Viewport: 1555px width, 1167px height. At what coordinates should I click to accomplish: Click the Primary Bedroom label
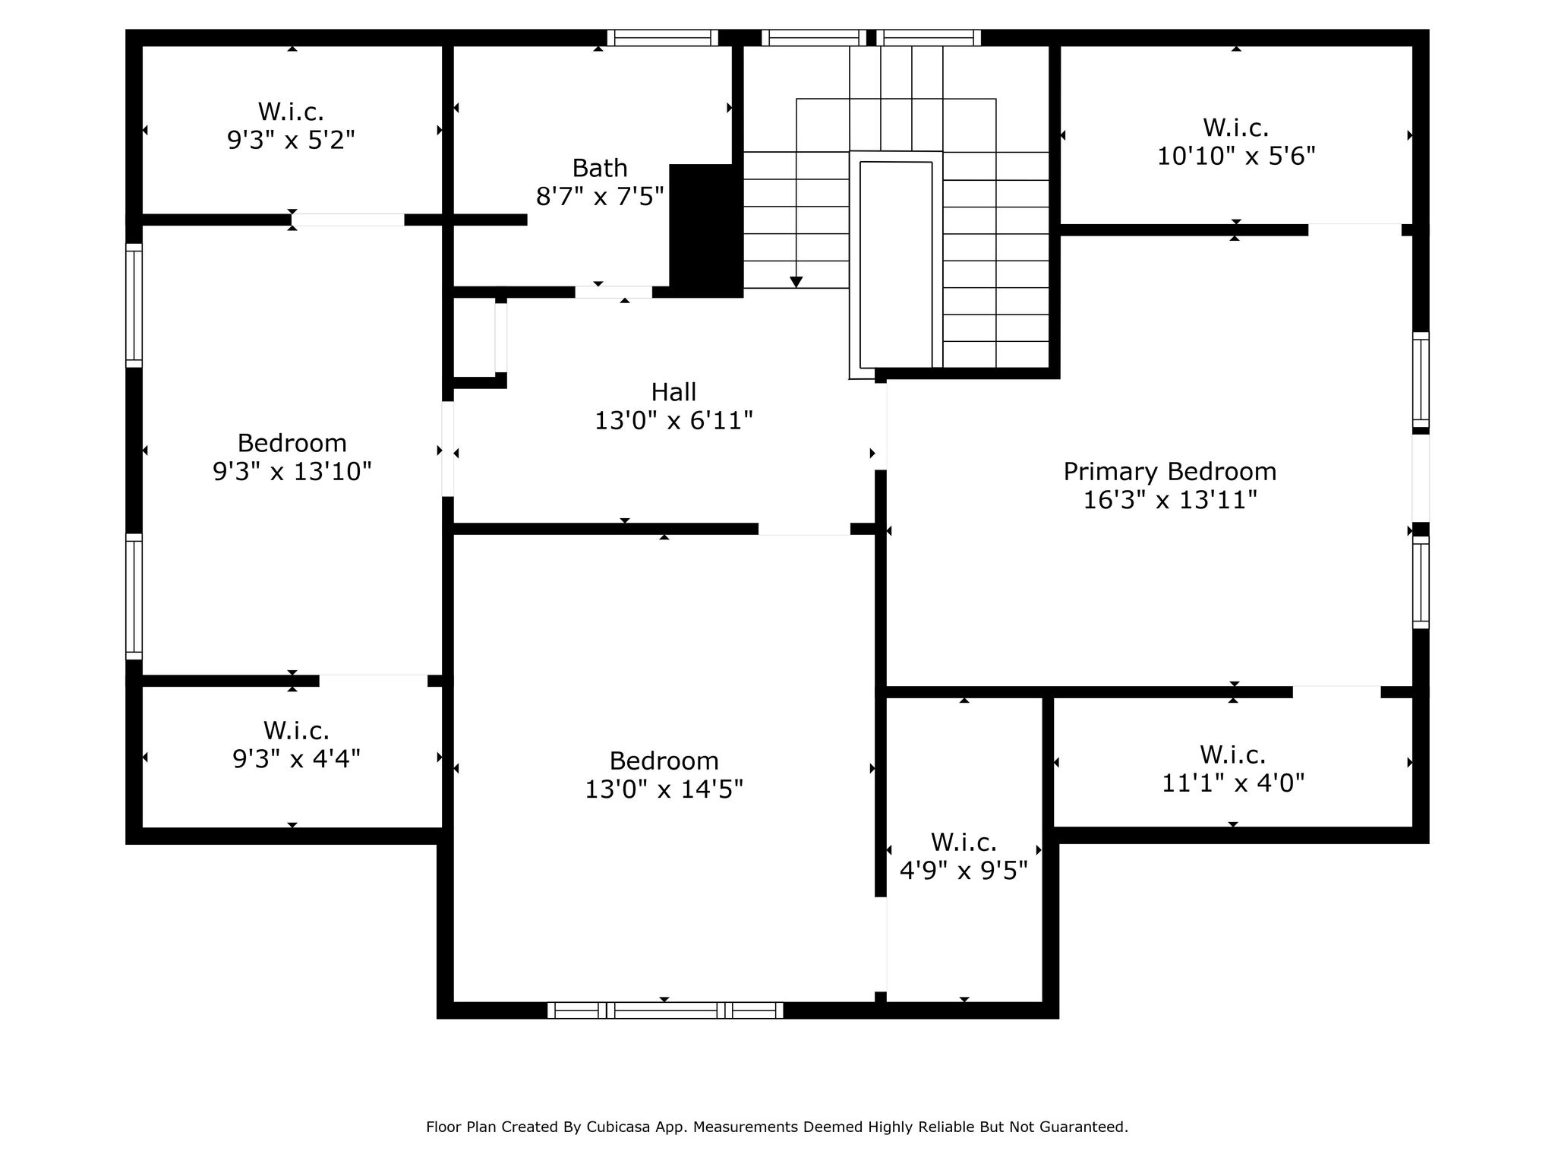(1169, 472)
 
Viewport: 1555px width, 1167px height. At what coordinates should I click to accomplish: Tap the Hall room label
(673, 392)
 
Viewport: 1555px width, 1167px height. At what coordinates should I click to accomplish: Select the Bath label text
(600, 168)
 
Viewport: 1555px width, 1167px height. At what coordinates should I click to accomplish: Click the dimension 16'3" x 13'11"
(1169, 501)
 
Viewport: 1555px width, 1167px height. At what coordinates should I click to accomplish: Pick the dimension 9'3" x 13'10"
(292, 472)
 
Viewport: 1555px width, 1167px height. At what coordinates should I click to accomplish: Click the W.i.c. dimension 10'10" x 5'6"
(1236, 157)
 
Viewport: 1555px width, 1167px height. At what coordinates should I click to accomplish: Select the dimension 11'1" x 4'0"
(1233, 783)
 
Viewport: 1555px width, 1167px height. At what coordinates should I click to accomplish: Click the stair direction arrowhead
(796, 282)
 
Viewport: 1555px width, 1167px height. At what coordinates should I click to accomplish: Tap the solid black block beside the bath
(705, 230)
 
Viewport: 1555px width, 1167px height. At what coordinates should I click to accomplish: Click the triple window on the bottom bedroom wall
(665, 1010)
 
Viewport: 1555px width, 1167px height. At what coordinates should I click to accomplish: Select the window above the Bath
(663, 38)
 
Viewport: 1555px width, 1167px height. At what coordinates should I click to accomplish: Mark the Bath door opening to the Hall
(613, 292)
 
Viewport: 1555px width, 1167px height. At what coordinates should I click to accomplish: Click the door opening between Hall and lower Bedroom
(804, 530)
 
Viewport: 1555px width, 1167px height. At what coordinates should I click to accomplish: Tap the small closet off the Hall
(475, 337)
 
